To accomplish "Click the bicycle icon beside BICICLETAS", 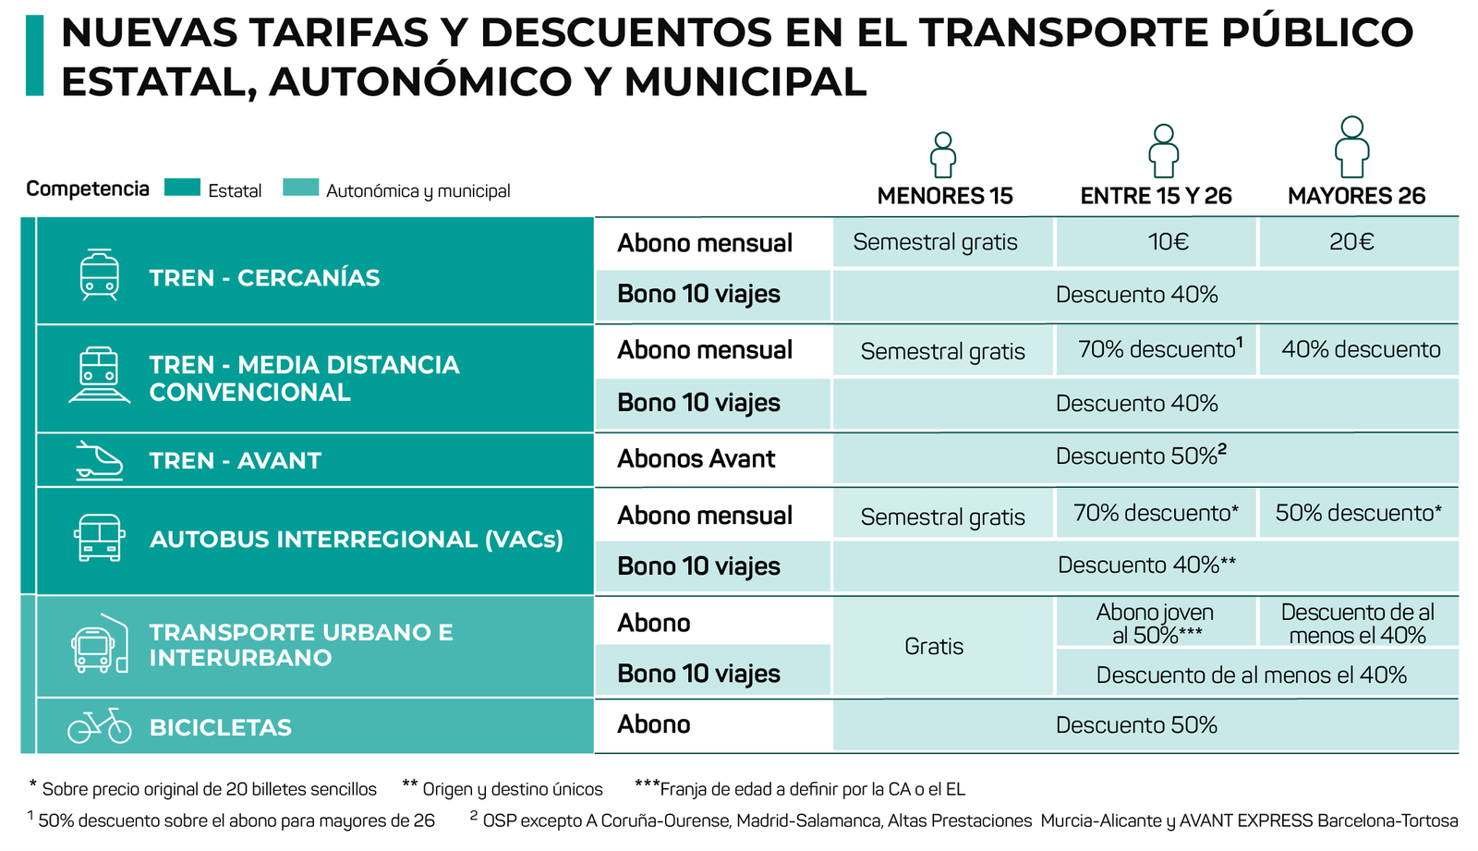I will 100,726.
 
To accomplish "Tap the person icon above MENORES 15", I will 942,154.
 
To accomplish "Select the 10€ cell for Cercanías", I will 1168,242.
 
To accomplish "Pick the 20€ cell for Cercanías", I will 1351,242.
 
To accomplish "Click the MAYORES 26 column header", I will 1356,196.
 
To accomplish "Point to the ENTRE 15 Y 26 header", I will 1156,196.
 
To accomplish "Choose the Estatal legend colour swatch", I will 182,188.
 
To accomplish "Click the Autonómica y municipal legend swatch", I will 300,188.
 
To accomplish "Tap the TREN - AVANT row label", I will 235,460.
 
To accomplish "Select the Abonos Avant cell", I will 697,459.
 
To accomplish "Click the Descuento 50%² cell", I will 1140,456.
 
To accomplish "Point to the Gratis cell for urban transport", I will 934,646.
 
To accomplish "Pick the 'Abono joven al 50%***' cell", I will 1155,624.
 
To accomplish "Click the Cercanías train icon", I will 99,274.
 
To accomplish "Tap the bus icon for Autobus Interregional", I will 99,538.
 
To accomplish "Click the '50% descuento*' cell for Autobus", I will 1358,513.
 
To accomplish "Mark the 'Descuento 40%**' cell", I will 1146,565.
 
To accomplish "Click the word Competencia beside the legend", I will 88,188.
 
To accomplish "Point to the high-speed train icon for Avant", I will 99,460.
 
